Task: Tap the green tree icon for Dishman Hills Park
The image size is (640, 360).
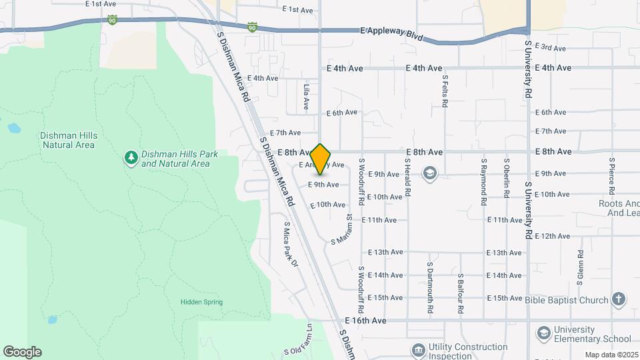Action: pos(131,158)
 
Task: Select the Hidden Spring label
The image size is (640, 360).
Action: pos(201,302)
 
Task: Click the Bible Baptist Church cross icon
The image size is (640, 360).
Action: pos(619,299)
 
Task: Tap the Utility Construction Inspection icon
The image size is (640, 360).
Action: pos(418,351)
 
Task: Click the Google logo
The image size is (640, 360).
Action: pos(22,352)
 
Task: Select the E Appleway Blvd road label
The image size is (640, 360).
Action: pos(392,31)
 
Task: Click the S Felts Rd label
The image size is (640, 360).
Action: pos(445,91)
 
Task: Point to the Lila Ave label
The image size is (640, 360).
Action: pos(306,97)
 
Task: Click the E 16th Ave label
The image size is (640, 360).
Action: pos(365,321)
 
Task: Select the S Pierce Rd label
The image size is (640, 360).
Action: pos(611,176)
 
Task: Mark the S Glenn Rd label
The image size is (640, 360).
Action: pos(581,267)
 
